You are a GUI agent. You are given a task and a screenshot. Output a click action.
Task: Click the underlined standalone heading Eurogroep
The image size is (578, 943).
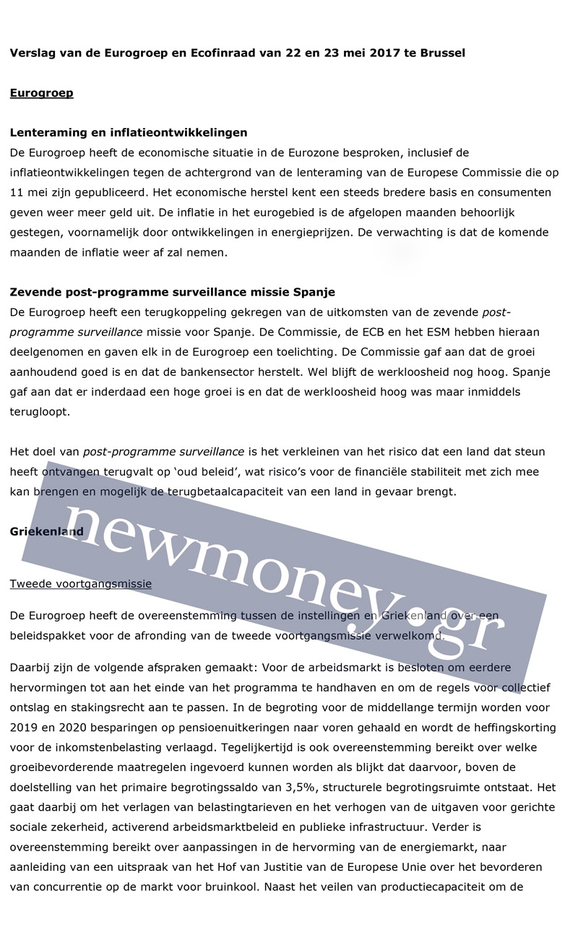(41, 93)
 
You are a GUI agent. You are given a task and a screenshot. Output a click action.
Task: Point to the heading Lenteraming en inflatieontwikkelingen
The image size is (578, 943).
(129, 132)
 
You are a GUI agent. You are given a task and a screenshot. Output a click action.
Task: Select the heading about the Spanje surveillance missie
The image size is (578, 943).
(172, 292)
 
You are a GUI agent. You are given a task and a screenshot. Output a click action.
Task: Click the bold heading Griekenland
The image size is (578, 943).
(46, 532)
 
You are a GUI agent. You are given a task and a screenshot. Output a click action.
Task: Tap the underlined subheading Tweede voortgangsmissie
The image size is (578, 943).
(80, 583)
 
